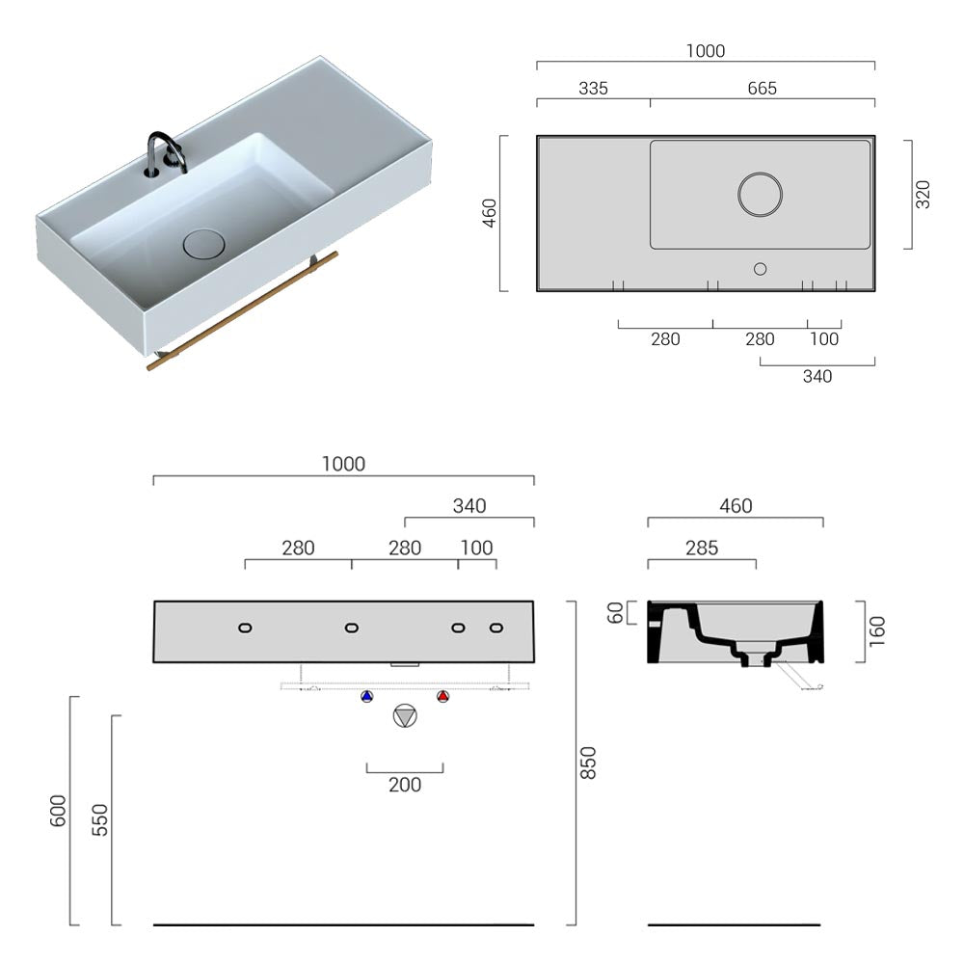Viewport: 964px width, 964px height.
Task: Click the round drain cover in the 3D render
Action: coord(203,243)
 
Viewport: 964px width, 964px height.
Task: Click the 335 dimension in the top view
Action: coord(593,88)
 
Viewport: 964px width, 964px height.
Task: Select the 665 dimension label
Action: coord(762,88)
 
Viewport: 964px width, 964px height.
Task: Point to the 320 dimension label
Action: coord(923,194)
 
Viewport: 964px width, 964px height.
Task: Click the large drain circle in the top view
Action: coord(761,194)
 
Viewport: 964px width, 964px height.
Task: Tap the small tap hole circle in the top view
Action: coord(760,269)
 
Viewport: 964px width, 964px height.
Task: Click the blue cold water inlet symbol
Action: coord(366,696)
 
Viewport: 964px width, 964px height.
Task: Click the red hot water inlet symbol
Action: coord(442,696)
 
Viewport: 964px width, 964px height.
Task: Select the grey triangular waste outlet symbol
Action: coord(405,716)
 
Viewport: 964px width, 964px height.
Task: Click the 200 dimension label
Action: coord(405,785)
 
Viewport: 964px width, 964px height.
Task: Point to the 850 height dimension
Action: coord(589,763)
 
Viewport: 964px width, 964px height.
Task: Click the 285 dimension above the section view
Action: coord(701,548)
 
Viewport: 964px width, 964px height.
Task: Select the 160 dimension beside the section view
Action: coord(876,631)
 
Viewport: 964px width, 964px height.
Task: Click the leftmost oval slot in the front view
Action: coord(245,629)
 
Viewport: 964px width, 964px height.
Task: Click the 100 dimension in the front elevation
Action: coord(476,548)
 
